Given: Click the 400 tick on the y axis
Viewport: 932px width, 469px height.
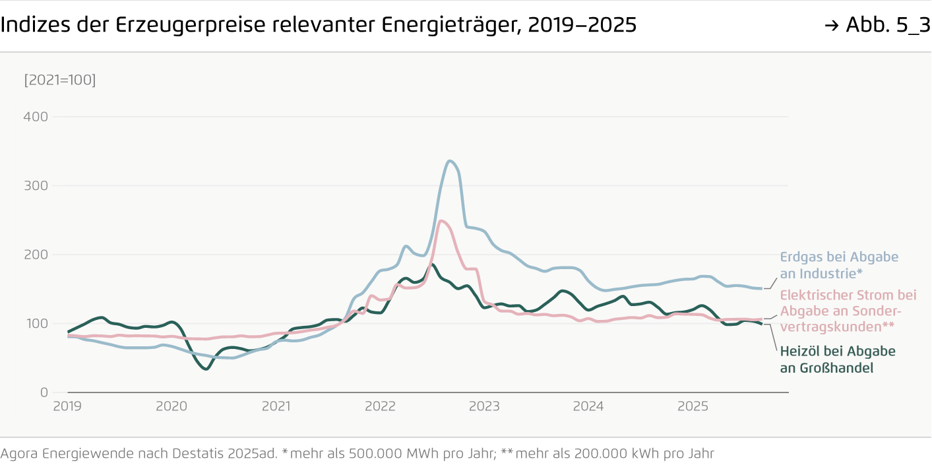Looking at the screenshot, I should point(36,117).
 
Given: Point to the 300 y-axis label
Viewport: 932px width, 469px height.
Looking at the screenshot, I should point(36,185).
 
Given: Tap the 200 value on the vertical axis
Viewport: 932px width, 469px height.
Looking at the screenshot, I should point(36,255).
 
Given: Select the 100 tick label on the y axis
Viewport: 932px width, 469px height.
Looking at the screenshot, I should point(36,323).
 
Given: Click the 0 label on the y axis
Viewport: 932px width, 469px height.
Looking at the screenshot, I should point(44,392).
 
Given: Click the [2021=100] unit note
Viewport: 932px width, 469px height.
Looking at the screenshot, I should point(59,80).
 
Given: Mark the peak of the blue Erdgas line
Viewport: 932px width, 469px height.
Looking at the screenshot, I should point(449,161).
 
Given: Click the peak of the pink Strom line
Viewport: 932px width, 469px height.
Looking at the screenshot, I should point(441,221).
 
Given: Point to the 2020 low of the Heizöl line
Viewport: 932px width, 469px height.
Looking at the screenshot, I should point(206,369).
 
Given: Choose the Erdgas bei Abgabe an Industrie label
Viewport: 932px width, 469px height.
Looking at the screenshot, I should point(839,265).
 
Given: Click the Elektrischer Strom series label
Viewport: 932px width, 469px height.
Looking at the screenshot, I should point(848,311).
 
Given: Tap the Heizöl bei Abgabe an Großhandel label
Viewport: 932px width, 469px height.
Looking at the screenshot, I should point(838,360).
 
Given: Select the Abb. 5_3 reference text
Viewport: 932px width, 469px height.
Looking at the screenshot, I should point(887,25).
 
